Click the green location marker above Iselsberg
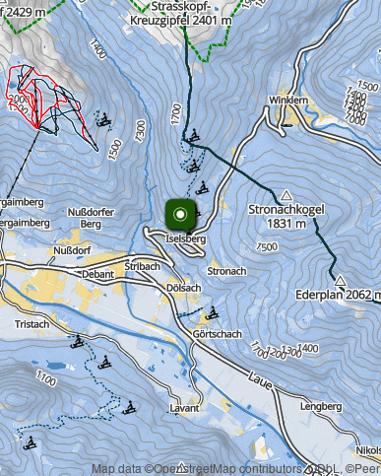[179, 214]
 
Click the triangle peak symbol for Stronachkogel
[286, 195]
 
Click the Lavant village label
[184, 407]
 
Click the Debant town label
[99, 274]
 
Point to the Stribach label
[144, 267]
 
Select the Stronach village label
[226, 270]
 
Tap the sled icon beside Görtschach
[211, 314]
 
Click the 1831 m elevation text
[286, 224]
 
